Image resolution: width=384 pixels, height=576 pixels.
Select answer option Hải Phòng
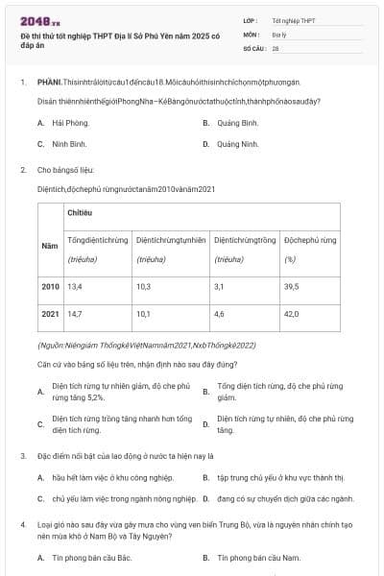coord(70,123)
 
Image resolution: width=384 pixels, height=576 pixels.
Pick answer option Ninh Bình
coord(70,144)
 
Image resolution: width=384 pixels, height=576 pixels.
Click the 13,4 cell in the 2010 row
coord(75,286)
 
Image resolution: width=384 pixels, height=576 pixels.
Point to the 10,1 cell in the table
coord(143,313)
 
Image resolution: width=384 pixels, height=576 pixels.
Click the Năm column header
coord(50,247)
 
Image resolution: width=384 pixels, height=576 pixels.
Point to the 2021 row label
coord(50,313)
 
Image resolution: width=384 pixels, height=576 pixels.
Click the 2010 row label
coord(50,286)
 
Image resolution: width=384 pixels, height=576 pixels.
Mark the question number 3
coord(22,455)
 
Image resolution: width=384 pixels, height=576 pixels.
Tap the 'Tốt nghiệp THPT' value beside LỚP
coord(293,19)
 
